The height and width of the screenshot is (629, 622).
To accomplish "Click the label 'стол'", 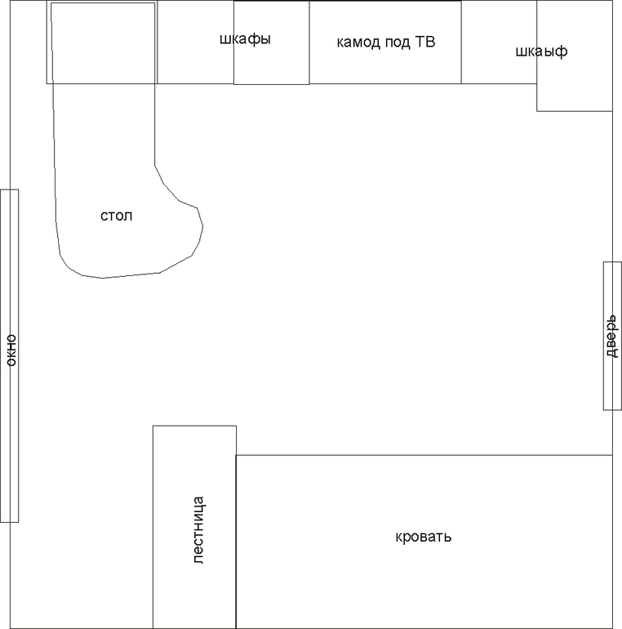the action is coord(116,216).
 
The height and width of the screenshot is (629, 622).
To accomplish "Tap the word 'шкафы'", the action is coord(245,39).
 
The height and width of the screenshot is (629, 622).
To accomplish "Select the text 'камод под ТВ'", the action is coord(385,42).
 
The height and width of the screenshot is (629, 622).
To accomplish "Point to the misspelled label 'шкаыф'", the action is coord(541,51).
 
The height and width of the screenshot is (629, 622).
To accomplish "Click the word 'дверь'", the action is coord(612,336).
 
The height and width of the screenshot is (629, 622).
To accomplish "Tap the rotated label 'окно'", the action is coord(11,350).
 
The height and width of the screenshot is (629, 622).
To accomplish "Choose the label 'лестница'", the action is coord(198,530).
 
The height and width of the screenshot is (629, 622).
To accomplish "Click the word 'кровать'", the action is coord(423,537).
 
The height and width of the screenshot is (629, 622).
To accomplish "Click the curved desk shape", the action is coord(202,226).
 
